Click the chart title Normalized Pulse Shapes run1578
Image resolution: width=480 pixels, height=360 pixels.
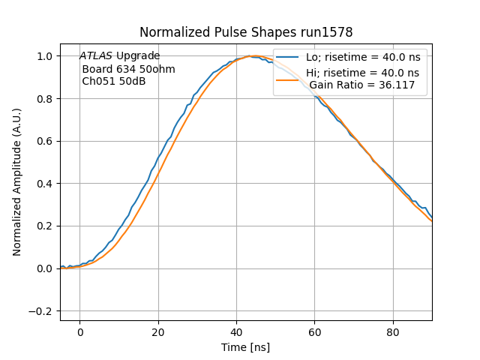(x=246, y=32)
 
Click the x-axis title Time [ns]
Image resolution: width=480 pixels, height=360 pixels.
(x=246, y=347)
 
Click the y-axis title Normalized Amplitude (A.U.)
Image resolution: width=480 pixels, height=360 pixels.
(x=16, y=182)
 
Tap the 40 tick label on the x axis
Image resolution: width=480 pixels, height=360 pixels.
(x=236, y=332)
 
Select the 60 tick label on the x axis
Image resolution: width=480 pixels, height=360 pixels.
(x=315, y=332)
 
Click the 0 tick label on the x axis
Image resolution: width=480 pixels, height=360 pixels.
(x=79, y=332)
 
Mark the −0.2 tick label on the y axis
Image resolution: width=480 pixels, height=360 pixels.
(x=43, y=311)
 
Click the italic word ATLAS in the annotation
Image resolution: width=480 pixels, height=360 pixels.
(x=97, y=56)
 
